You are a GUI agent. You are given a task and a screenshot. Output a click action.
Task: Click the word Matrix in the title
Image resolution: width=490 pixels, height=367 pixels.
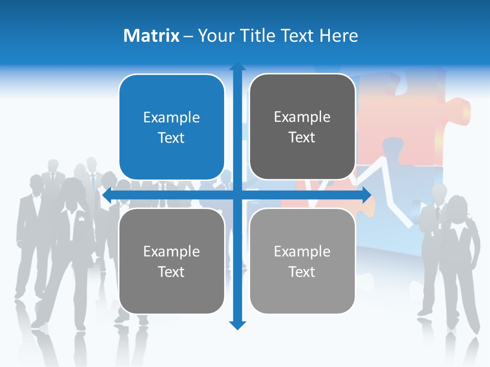[x=152, y=36]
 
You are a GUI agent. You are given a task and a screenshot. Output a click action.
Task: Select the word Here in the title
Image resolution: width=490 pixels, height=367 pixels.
[x=339, y=36]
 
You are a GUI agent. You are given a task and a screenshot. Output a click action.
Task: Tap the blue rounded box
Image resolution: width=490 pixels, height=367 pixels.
[x=171, y=127]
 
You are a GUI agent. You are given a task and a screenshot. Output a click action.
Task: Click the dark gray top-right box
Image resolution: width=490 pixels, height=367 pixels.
[x=302, y=127]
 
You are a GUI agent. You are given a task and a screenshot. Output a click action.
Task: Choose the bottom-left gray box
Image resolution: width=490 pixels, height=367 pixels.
[x=171, y=261]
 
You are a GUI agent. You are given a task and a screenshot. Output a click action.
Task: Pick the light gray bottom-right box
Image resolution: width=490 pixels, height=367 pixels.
[x=302, y=261]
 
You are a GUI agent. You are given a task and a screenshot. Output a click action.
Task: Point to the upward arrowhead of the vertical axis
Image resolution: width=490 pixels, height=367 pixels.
[x=237, y=66]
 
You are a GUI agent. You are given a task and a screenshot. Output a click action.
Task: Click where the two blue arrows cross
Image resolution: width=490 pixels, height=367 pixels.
[x=237, y=195]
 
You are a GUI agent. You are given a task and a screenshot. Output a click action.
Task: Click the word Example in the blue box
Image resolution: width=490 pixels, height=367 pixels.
[x=171, y=118]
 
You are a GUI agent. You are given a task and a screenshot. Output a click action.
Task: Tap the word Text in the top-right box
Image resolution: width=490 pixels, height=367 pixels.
[x=302, y=138]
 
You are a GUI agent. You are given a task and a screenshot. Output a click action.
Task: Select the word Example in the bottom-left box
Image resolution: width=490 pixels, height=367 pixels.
[x=171, y=251]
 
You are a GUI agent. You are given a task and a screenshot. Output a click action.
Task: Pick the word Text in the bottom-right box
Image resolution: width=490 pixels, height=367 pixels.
[x=302, y=272]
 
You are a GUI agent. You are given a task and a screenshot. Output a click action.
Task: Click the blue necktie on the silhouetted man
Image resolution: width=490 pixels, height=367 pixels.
[x=93, y=181]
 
